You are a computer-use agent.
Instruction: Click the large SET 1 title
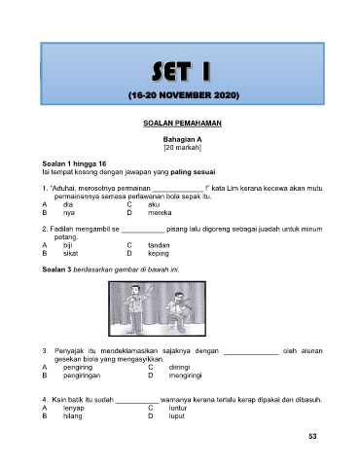point(182,71)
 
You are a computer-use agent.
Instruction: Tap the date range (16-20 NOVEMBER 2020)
point(184,95)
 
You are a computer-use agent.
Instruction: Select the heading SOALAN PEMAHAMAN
point(182,124)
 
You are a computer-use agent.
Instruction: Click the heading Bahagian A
point(182,139)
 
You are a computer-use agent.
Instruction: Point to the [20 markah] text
point(182,148)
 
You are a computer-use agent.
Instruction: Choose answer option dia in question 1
point(68,204)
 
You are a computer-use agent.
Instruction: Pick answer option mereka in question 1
point(160,213)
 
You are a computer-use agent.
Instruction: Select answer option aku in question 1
point(154,204)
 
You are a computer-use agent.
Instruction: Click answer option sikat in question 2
point(70,253)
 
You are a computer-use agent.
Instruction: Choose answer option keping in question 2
point(159,254)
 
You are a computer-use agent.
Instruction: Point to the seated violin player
point(178,312)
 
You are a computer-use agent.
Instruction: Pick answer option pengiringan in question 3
point(82,376)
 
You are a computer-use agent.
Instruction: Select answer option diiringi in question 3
point(179,368)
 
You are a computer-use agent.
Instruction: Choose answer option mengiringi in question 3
point(185,376)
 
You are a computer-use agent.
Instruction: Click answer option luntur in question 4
point(178,408)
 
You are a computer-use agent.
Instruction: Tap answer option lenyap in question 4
point(74,408)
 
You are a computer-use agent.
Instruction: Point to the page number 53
point(312,437)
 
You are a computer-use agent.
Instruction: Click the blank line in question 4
point(137,403)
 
